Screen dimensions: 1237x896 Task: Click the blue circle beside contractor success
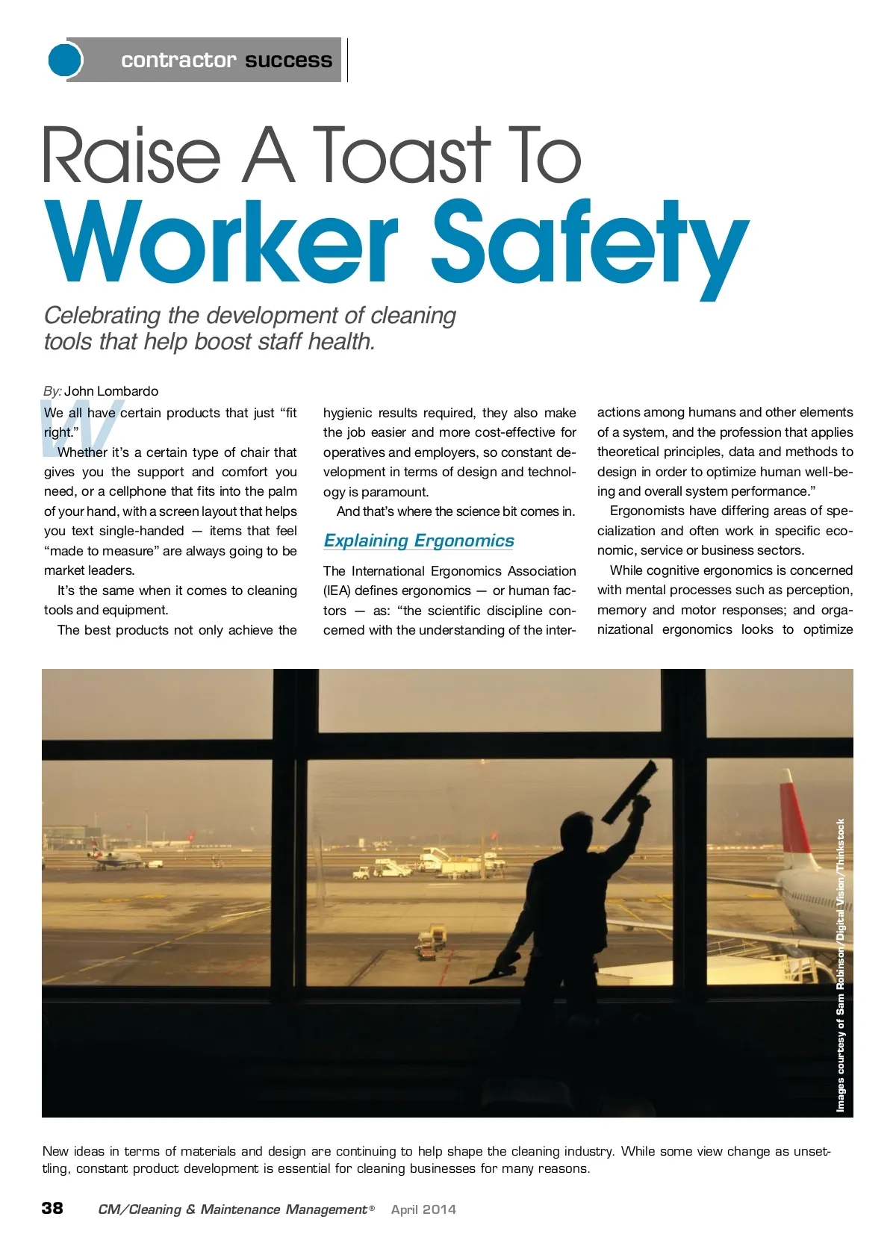(x=65, y=60)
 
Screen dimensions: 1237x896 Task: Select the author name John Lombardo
(x=111, y=391)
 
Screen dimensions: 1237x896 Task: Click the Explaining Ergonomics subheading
(x=419, y=540)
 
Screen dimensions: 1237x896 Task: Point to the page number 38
(x=52, y=1208)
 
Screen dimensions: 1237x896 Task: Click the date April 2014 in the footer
(x=423, y=1209)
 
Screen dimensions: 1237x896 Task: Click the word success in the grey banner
(x=288, y=60)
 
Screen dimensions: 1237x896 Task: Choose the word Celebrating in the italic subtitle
(x=102, y=316)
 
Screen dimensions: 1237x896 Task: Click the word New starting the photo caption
(x=56, y=1151)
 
